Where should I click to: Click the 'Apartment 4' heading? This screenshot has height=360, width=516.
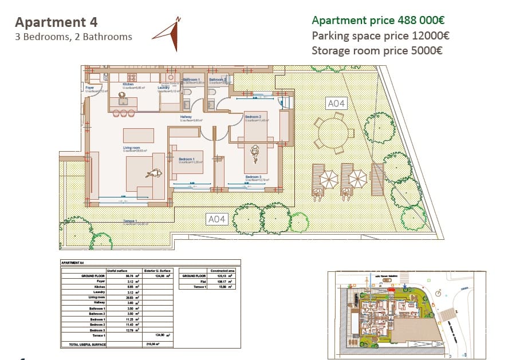tap(56, 22)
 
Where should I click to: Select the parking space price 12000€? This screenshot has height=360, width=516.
tap(430, 35)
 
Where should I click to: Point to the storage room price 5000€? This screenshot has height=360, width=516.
tap(423, 50)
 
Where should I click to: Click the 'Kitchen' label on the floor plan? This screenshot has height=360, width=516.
tap(128, 84)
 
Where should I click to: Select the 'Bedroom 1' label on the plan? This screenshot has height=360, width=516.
tap(187, 159)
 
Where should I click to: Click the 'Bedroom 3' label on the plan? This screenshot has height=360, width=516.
tap(253, 177)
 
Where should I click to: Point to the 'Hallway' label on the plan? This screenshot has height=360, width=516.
tap(186, 117)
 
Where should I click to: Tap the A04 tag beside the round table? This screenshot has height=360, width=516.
tap(336, 104)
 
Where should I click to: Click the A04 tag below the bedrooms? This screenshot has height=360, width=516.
tap(217, 219)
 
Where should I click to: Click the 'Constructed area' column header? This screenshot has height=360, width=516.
tap(221, 270)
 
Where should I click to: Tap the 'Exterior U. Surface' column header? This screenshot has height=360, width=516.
tap(158, 270)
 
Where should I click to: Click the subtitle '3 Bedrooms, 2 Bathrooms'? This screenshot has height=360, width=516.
tap(73, 37)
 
